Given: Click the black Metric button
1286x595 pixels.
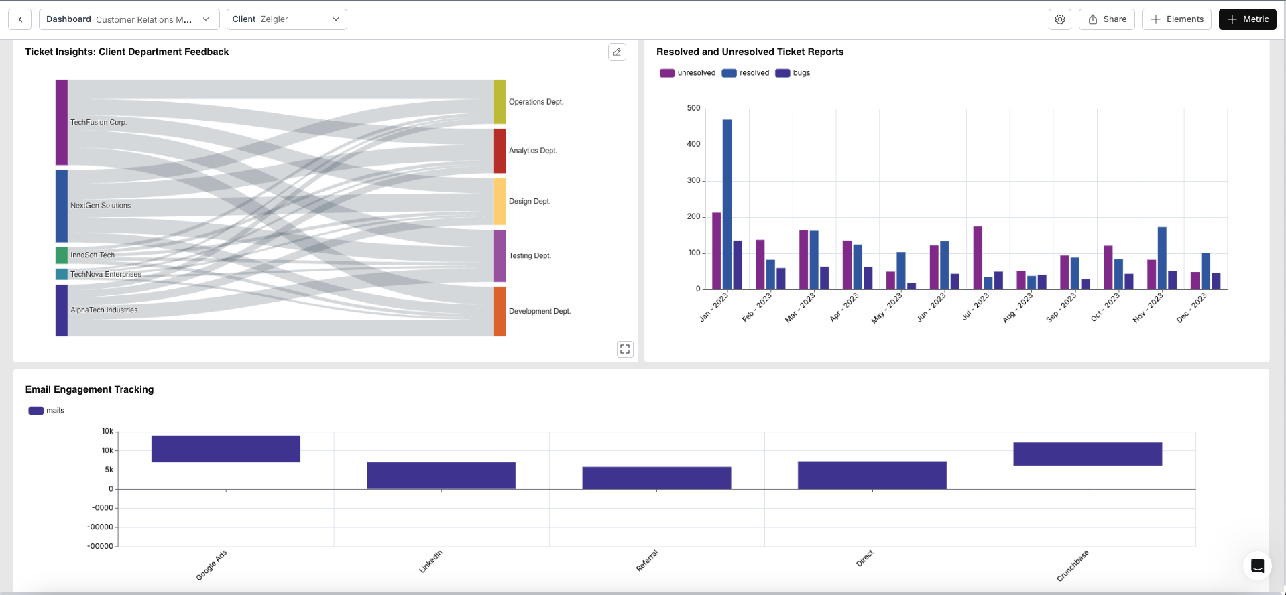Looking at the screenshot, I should click(1247, 19).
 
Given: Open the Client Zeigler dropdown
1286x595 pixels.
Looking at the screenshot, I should click(286, 19).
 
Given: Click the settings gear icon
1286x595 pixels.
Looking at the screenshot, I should click(1059, 19).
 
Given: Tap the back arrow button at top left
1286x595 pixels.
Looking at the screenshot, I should click(20, 19).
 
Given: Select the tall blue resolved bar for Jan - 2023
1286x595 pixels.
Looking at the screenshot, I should click(727, 204).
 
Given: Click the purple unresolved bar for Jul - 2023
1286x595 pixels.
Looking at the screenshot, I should click(978, 258).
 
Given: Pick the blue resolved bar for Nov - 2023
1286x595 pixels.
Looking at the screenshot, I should click(1162, 258).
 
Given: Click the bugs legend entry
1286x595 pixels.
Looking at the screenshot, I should click(793, 73).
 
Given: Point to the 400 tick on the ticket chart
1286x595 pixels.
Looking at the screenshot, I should click(693, 144).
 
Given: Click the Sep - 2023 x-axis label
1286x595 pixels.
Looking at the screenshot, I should click(1061, 308).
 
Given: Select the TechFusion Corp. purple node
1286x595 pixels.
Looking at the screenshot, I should click(62, 122).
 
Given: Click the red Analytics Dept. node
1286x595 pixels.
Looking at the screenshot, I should click(500, 151).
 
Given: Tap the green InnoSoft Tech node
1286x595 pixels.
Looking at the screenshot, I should click(62, 255).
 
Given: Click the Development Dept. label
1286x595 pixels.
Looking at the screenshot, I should click(539, 311).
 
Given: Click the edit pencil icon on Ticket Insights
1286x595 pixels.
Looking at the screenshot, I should click(617, 52).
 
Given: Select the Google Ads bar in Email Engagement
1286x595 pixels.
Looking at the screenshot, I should click(225, 448).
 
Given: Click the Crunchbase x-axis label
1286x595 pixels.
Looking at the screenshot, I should click(1073, 566).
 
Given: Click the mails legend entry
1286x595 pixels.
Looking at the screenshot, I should click(46, 411).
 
